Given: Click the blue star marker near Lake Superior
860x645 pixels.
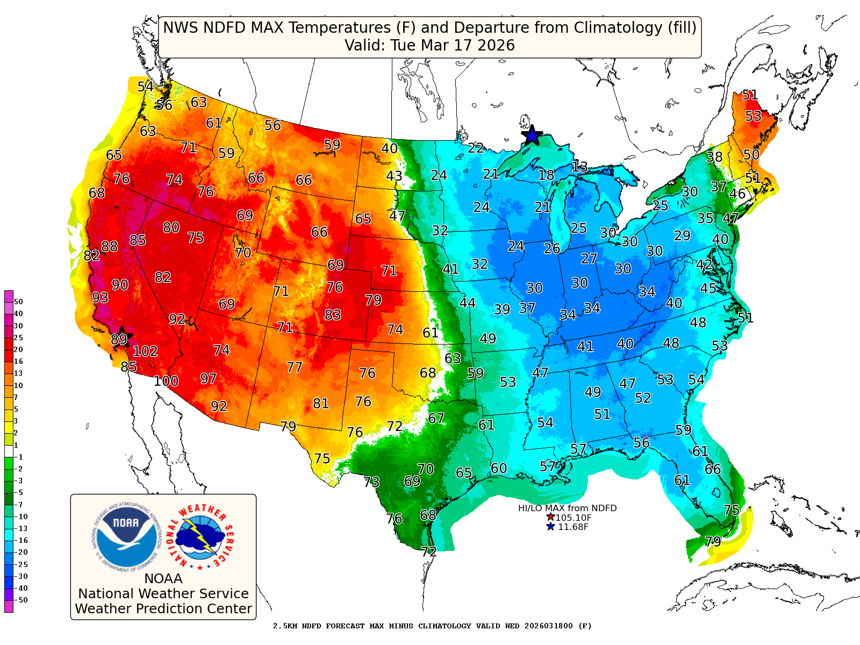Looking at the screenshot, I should tap(532, 135).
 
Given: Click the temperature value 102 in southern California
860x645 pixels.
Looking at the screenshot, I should tap(145, 352).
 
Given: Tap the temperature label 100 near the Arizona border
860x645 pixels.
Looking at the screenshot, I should tap(166, 381).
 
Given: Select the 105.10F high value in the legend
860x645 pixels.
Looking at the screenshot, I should tap(574, 518).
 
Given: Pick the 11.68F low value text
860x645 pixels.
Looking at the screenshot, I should tap(573, 527).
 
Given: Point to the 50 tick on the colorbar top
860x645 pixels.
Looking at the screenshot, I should tap(18, 302).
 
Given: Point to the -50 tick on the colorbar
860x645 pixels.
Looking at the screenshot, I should tap(21, 600).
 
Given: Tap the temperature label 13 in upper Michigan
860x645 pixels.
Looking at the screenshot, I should tap(579, 167).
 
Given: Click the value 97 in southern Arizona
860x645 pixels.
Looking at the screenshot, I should tap(208, 378).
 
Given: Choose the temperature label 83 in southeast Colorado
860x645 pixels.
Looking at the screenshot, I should tap(333, 314).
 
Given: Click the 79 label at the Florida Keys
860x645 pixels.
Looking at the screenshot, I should tap(713, 541).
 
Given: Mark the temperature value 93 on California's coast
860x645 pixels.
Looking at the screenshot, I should tap(100, 298).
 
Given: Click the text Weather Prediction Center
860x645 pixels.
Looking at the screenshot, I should tap(163, 608).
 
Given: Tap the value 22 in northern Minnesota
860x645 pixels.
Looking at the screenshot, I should tap(475, 148).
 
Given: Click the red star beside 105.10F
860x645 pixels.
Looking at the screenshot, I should tap(550, 517).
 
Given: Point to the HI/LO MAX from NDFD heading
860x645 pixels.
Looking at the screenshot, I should tap(567, 508).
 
